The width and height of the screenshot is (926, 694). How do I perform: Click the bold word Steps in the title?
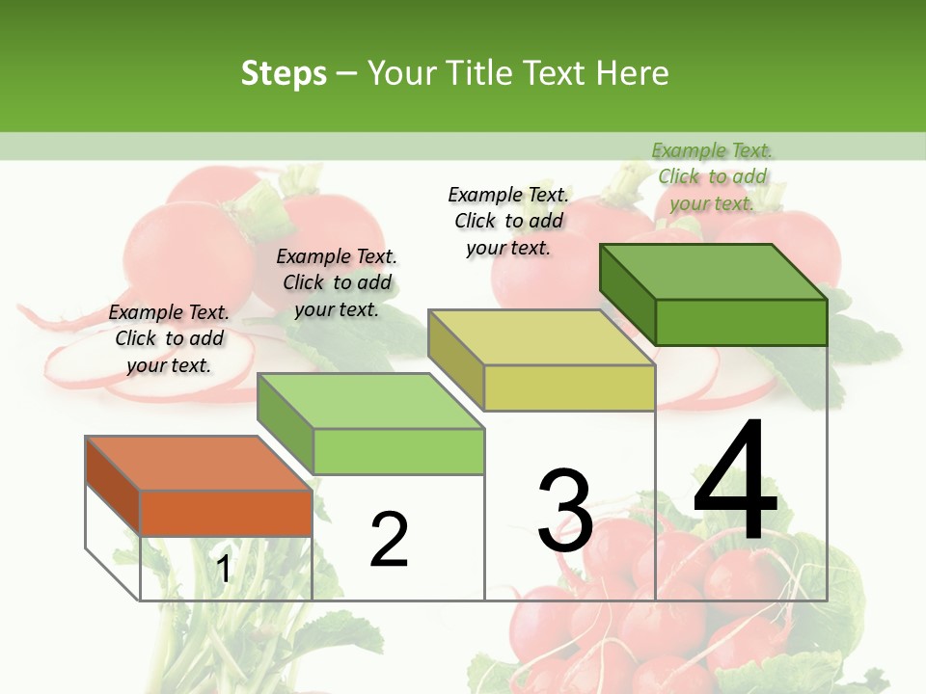284,73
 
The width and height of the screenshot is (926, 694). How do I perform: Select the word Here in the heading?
632,73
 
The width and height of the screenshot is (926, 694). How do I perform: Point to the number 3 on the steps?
565,510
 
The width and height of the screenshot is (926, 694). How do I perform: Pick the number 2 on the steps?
389,539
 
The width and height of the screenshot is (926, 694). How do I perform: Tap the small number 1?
224,569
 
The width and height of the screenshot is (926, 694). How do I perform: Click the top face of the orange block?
198,464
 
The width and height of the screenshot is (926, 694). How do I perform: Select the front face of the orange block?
226,513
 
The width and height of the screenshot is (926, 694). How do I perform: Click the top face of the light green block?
370,401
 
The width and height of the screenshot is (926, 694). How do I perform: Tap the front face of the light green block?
398,451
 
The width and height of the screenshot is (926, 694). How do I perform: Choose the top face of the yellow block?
541,337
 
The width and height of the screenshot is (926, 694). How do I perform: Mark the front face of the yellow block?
569,388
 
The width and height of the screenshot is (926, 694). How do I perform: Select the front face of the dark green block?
741,322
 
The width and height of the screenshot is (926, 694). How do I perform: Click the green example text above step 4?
712,176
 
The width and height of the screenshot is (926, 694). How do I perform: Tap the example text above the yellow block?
508,221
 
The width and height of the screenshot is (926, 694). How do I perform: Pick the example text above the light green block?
337,282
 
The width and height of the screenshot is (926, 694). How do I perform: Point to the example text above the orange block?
169,338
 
